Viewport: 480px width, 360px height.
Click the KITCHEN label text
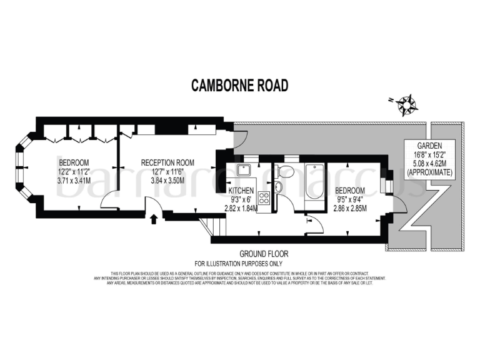coord(241,190)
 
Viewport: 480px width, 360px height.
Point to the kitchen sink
coord(244,171)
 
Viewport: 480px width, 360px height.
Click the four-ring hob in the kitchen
coord(264,199)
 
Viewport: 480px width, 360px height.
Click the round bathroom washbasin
coord(279,187)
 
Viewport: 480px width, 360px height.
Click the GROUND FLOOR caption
coord(264,254)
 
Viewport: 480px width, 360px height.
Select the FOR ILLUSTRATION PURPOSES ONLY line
coord(240,264)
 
